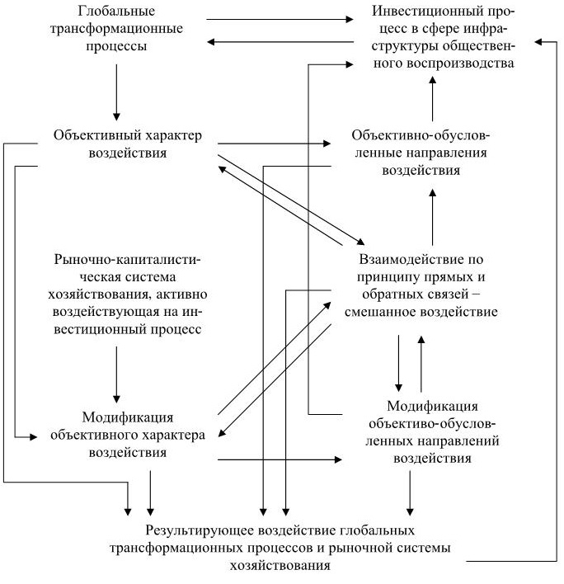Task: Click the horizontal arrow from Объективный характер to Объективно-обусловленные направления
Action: (272, 144)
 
